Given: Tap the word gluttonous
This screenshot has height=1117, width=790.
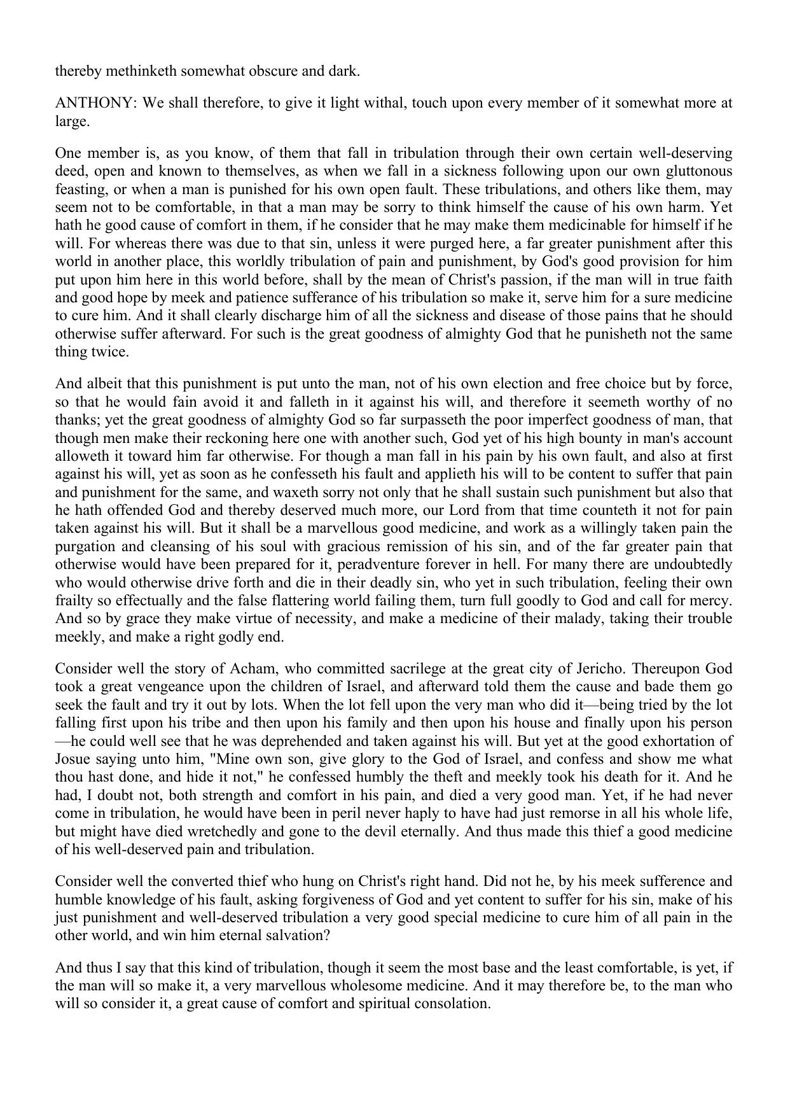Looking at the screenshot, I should click(x=698, y=171).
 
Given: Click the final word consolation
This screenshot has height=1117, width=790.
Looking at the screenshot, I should click(x=452, y=1004).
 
